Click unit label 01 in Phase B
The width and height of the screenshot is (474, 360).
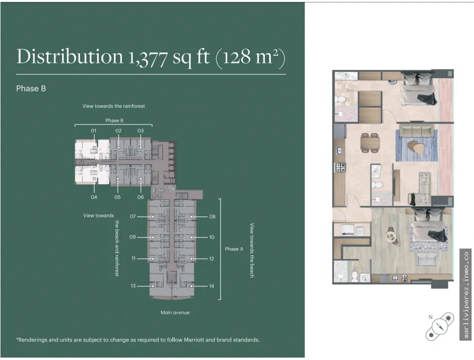(94, 131)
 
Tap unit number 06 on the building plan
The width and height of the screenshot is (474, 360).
(140, 197)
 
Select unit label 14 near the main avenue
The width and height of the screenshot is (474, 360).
(212, 286)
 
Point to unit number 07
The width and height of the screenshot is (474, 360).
(133, 216)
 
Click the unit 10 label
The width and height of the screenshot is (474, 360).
(212, 237)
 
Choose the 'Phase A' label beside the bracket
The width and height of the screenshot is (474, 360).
(234, 249)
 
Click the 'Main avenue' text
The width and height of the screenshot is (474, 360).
(175, 313)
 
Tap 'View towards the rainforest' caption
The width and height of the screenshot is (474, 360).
(114, 106)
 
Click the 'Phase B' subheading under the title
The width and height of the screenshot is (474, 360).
(31, 88)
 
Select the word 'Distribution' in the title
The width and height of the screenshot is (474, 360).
(70, 56)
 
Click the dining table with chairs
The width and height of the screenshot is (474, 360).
(370, 142)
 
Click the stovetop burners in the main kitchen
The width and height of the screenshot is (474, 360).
(340, 167)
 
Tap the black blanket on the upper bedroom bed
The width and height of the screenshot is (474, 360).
(427, 98)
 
